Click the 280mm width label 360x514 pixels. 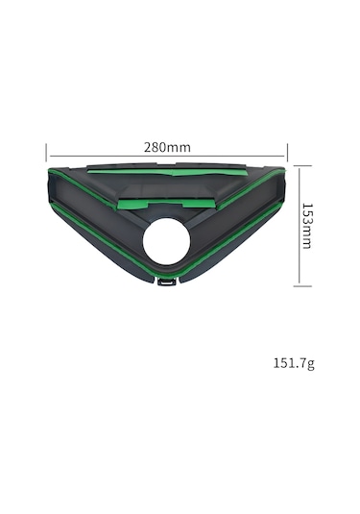click(x=167, y=148)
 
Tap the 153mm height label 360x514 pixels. click(x=307, y=226)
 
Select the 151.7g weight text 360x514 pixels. click(x=294, y=363)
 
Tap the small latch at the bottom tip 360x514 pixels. click(x=167, y=281)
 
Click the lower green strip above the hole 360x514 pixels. click(x=166, y=204)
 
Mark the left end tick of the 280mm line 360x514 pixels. click(x=46, y=153)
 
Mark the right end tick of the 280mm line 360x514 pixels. click(x=287, y=153)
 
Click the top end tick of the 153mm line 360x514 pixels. click(x=302, y=166)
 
